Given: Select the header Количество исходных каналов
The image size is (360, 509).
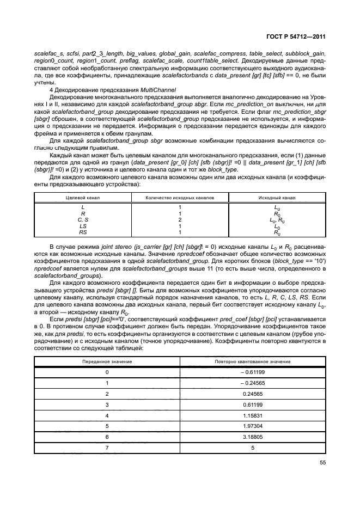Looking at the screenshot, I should coord(180,197).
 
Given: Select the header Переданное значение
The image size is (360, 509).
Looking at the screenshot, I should coord(107,361).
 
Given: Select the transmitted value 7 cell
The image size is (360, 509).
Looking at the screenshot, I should coord(107,448).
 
